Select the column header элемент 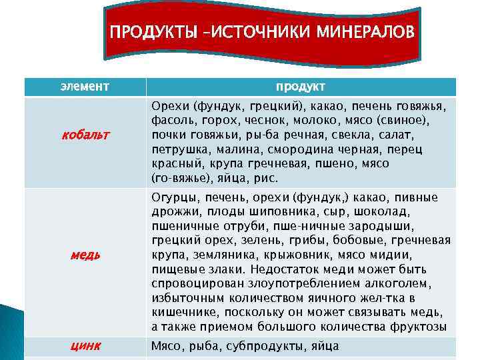click(85, 87)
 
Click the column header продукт click(301, 87)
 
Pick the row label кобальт click(85, 135)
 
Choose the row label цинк click(85, 345)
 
